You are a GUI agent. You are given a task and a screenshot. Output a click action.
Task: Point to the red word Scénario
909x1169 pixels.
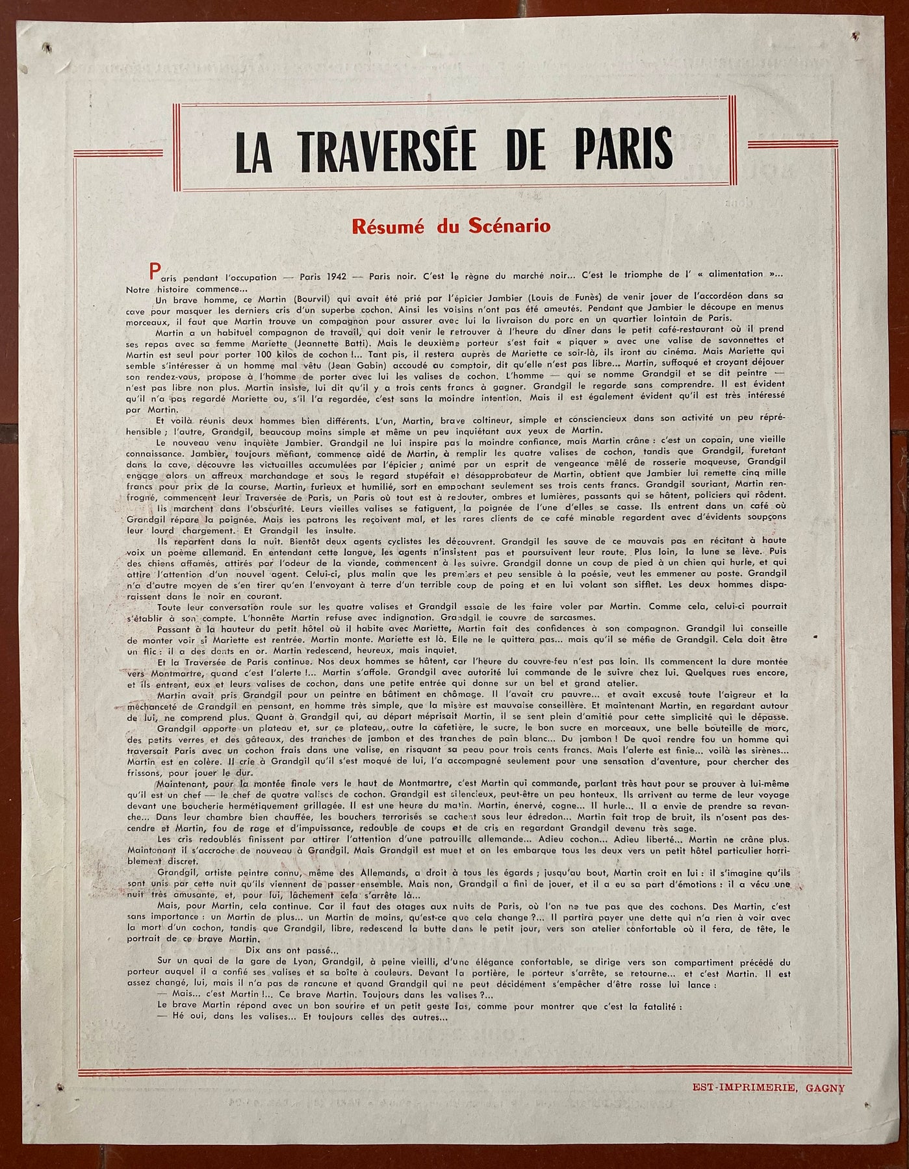(510, 227)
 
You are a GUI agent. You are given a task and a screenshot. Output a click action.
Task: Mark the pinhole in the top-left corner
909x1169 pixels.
(46, 47)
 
